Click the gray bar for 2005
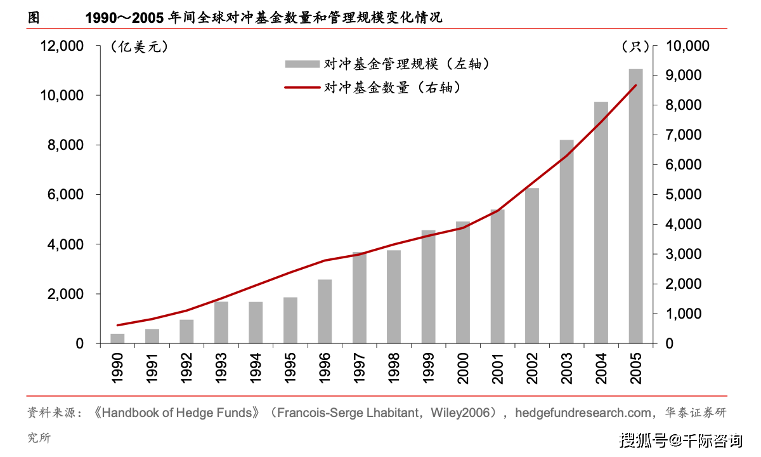(635, 206)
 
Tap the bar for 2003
(567, 242)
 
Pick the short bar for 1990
(118, 339)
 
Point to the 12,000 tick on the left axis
(62, 46)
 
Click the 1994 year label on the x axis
(256, 368)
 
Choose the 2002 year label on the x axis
(532, 368)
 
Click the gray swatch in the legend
(301, 64)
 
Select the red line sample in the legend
(301, 88)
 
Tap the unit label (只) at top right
(634, 47)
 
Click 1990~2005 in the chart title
(125, 18)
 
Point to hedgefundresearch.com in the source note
(582, 413)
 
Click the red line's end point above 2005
(635, 86)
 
